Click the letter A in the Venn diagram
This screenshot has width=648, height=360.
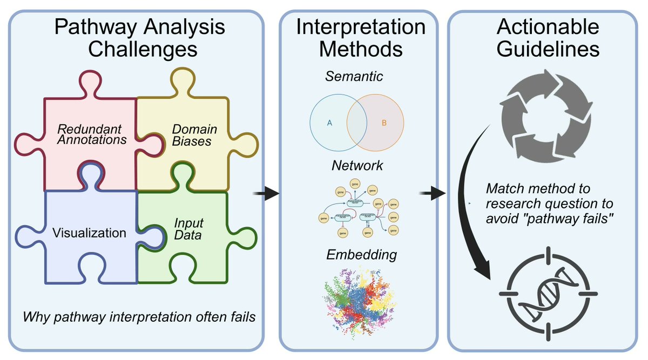[329, 123]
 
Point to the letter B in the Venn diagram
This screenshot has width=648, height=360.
[384, 123]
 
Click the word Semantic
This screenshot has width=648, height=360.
[354, 77]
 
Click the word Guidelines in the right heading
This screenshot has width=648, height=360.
[548, 49]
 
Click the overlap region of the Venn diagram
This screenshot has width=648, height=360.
[356, 123]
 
